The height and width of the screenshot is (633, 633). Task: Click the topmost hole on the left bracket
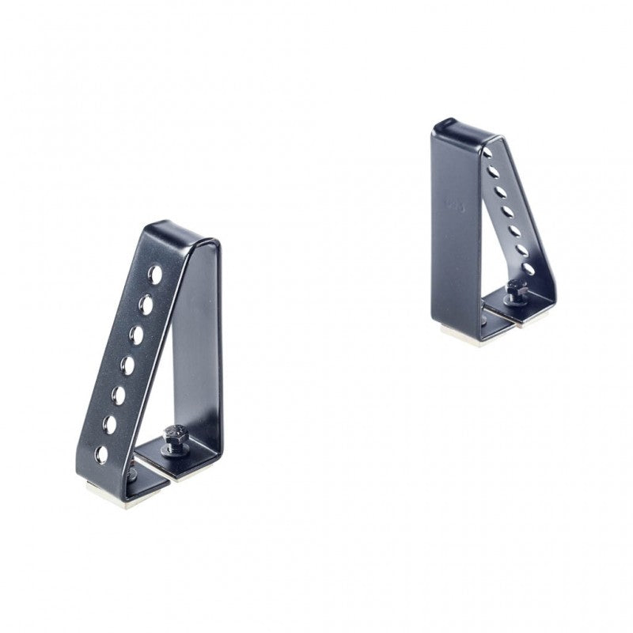[155, 275]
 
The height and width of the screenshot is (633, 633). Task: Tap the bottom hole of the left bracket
[102, 454]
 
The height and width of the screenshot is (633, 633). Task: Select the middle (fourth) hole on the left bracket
[127, 365]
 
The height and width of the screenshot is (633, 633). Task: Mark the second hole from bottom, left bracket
[110, 425]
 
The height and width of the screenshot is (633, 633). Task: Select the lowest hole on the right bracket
[528, 268]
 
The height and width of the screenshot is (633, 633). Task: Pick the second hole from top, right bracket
[493, 172]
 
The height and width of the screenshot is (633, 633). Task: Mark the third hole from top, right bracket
[500, 191]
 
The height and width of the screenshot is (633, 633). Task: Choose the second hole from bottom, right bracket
[521, 250]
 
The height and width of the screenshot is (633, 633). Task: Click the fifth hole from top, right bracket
[514, 231]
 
